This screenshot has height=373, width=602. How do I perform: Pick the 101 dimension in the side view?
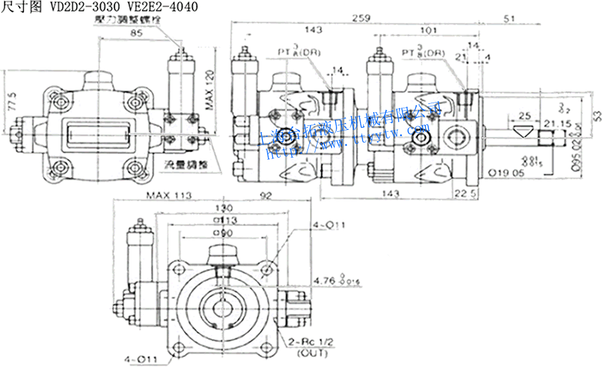(x=428, y=30)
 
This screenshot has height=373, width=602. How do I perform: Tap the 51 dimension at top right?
(x=509, y=19)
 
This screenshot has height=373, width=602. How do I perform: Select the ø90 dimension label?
(x=224, y=232)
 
